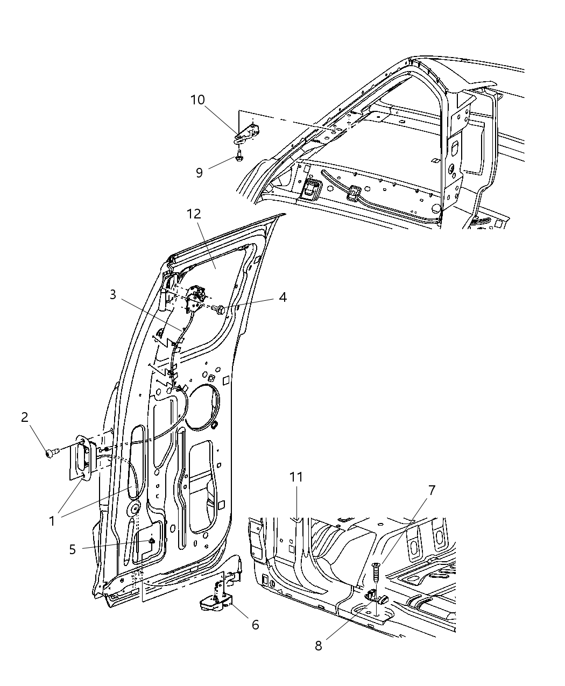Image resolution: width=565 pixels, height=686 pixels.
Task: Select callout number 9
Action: (x=199, y=173)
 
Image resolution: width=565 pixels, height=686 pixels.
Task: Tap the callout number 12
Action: (x=194, y=214)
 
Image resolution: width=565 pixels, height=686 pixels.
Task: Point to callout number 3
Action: (x=112, y=295)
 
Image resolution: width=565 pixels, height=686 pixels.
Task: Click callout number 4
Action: (x=281, y=298)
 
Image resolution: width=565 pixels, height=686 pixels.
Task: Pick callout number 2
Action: (x=25, y=416)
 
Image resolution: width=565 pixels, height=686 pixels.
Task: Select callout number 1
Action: (x=52, y=521)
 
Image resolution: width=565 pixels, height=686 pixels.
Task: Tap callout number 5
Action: (x=72, y=549)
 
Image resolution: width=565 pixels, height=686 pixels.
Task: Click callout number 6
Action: (x=255, y=624)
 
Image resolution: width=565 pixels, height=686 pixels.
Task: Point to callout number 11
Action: (x=296, y=477)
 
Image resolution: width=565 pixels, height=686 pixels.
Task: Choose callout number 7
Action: (x=431, y=490)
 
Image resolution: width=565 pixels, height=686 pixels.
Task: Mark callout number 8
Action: (x=318, y=646)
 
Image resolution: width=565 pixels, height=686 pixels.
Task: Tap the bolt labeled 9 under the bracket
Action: (x=239, y=158)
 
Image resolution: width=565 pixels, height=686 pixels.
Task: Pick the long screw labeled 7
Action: (x=375, y=570)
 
